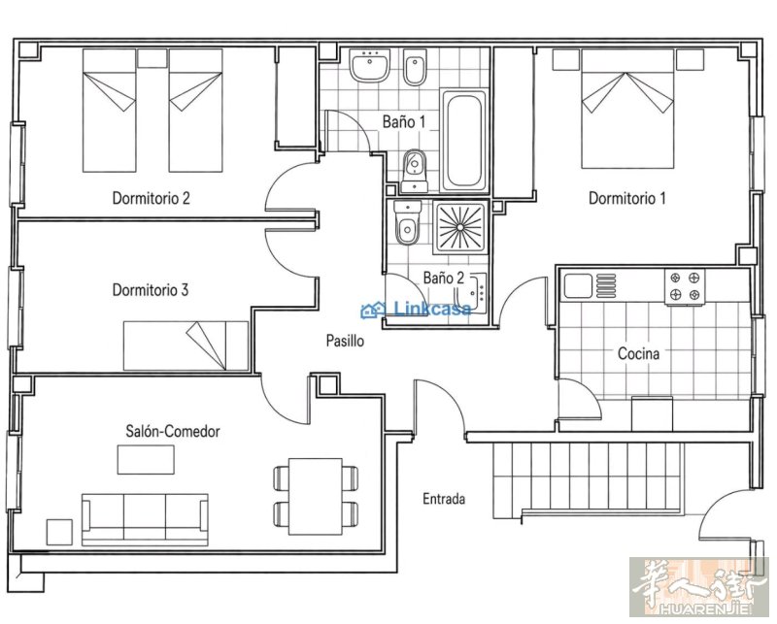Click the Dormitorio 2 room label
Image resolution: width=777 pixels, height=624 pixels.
pos(152,198)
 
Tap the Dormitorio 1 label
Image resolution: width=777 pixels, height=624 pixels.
pos(626,198)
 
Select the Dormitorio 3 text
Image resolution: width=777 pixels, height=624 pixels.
pos(151,290)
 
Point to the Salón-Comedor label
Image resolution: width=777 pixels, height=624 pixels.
pos(173,431)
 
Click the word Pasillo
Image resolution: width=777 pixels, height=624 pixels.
pos(345,341)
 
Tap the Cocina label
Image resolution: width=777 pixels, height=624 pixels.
pos(639,353)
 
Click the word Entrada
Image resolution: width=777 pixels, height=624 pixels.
pos(444,499)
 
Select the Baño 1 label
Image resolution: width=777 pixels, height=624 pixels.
pos(404,121)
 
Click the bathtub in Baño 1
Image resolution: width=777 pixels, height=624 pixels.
pos(464,141)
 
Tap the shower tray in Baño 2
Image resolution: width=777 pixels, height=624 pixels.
pos(460,227)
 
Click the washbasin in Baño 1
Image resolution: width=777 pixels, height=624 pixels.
pos(369,65)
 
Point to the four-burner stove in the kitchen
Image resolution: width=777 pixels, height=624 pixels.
pos(685,286)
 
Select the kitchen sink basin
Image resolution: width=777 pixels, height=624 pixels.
pos(577,286)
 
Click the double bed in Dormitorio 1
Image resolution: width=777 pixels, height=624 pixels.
pos(627,109)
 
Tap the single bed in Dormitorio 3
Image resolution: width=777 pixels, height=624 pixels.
pos(186,345)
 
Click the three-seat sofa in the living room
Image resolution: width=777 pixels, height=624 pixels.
pos(145,519)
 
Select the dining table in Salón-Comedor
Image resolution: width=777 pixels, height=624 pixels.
pos(316,496)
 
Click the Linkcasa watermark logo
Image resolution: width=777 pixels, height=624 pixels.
pos(417,310)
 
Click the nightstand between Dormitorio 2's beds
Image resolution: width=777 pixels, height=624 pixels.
pos(152,58)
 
